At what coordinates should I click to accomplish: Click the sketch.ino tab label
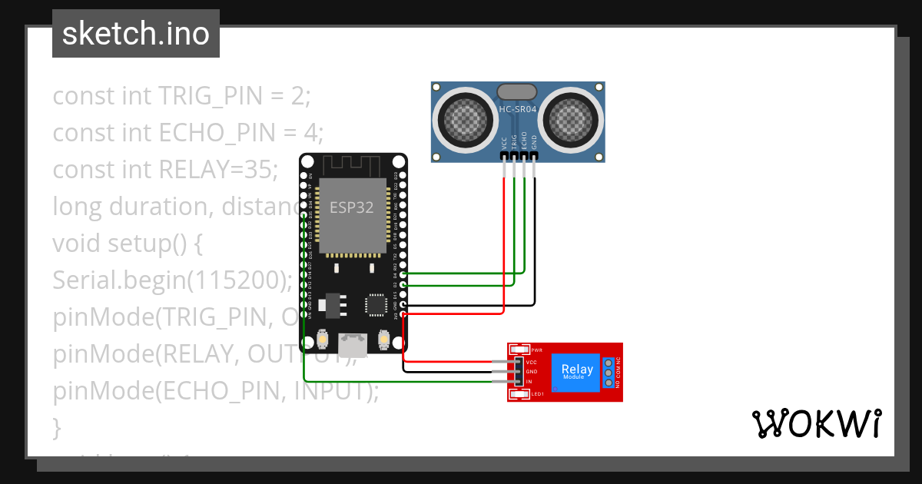pos(135,34)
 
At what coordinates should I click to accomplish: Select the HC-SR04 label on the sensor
pos(517,110)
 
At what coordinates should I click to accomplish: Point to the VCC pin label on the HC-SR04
pos(504,142)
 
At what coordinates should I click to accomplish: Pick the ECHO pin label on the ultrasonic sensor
pos(524,141)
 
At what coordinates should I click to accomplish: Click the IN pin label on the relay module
pos(529,382)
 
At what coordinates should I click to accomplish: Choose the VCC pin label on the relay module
pos(531,362)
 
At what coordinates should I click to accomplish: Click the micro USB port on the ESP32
pos(353,340)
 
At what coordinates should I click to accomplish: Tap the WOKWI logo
pos(816,424)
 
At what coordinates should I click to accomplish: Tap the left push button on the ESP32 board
pos(323,339)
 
